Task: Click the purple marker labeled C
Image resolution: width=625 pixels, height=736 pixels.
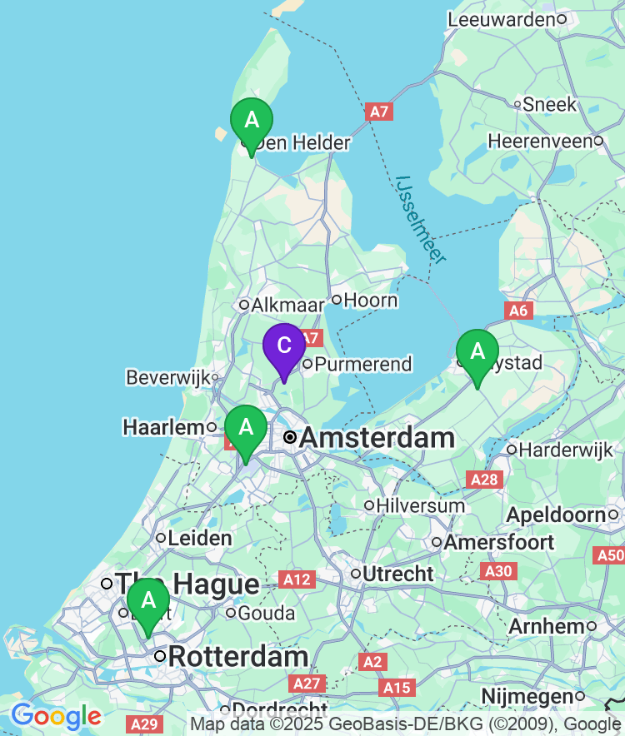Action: [x=284, y=346]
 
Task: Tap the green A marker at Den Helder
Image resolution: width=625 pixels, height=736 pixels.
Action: [x=251, y=122]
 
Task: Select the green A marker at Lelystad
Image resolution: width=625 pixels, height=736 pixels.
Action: [x=477, y=352]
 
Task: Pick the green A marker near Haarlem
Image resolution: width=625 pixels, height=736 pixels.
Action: [x=246, y=428]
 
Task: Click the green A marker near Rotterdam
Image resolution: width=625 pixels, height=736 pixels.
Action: [x=148, y=601]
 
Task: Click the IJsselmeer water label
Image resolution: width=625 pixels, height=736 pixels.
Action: [x=421, y=218]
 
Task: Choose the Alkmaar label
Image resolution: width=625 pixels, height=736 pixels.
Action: [x=282, y=305]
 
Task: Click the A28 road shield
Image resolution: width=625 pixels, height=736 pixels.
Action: [x=484, y=480]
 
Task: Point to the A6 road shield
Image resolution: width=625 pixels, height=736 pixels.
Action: [x=518, y=311]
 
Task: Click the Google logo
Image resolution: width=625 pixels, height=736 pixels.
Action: [x=56, y=715]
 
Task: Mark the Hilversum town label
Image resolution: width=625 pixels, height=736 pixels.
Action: [x=420, y=505]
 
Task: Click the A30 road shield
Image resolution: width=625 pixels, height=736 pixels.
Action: [x=499, y=570]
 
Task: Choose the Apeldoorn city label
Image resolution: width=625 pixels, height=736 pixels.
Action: [x=556, y=515]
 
